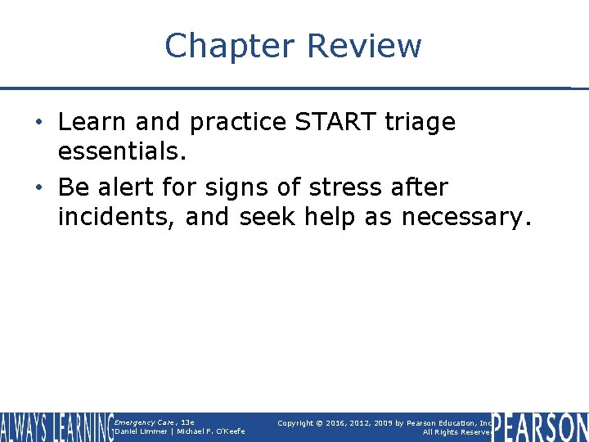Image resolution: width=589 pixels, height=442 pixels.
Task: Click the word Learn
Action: [x=91, y=122]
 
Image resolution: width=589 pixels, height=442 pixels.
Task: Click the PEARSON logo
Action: [x=540, y=427]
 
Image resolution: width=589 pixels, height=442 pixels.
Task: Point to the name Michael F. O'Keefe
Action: [x=209, y=431]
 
